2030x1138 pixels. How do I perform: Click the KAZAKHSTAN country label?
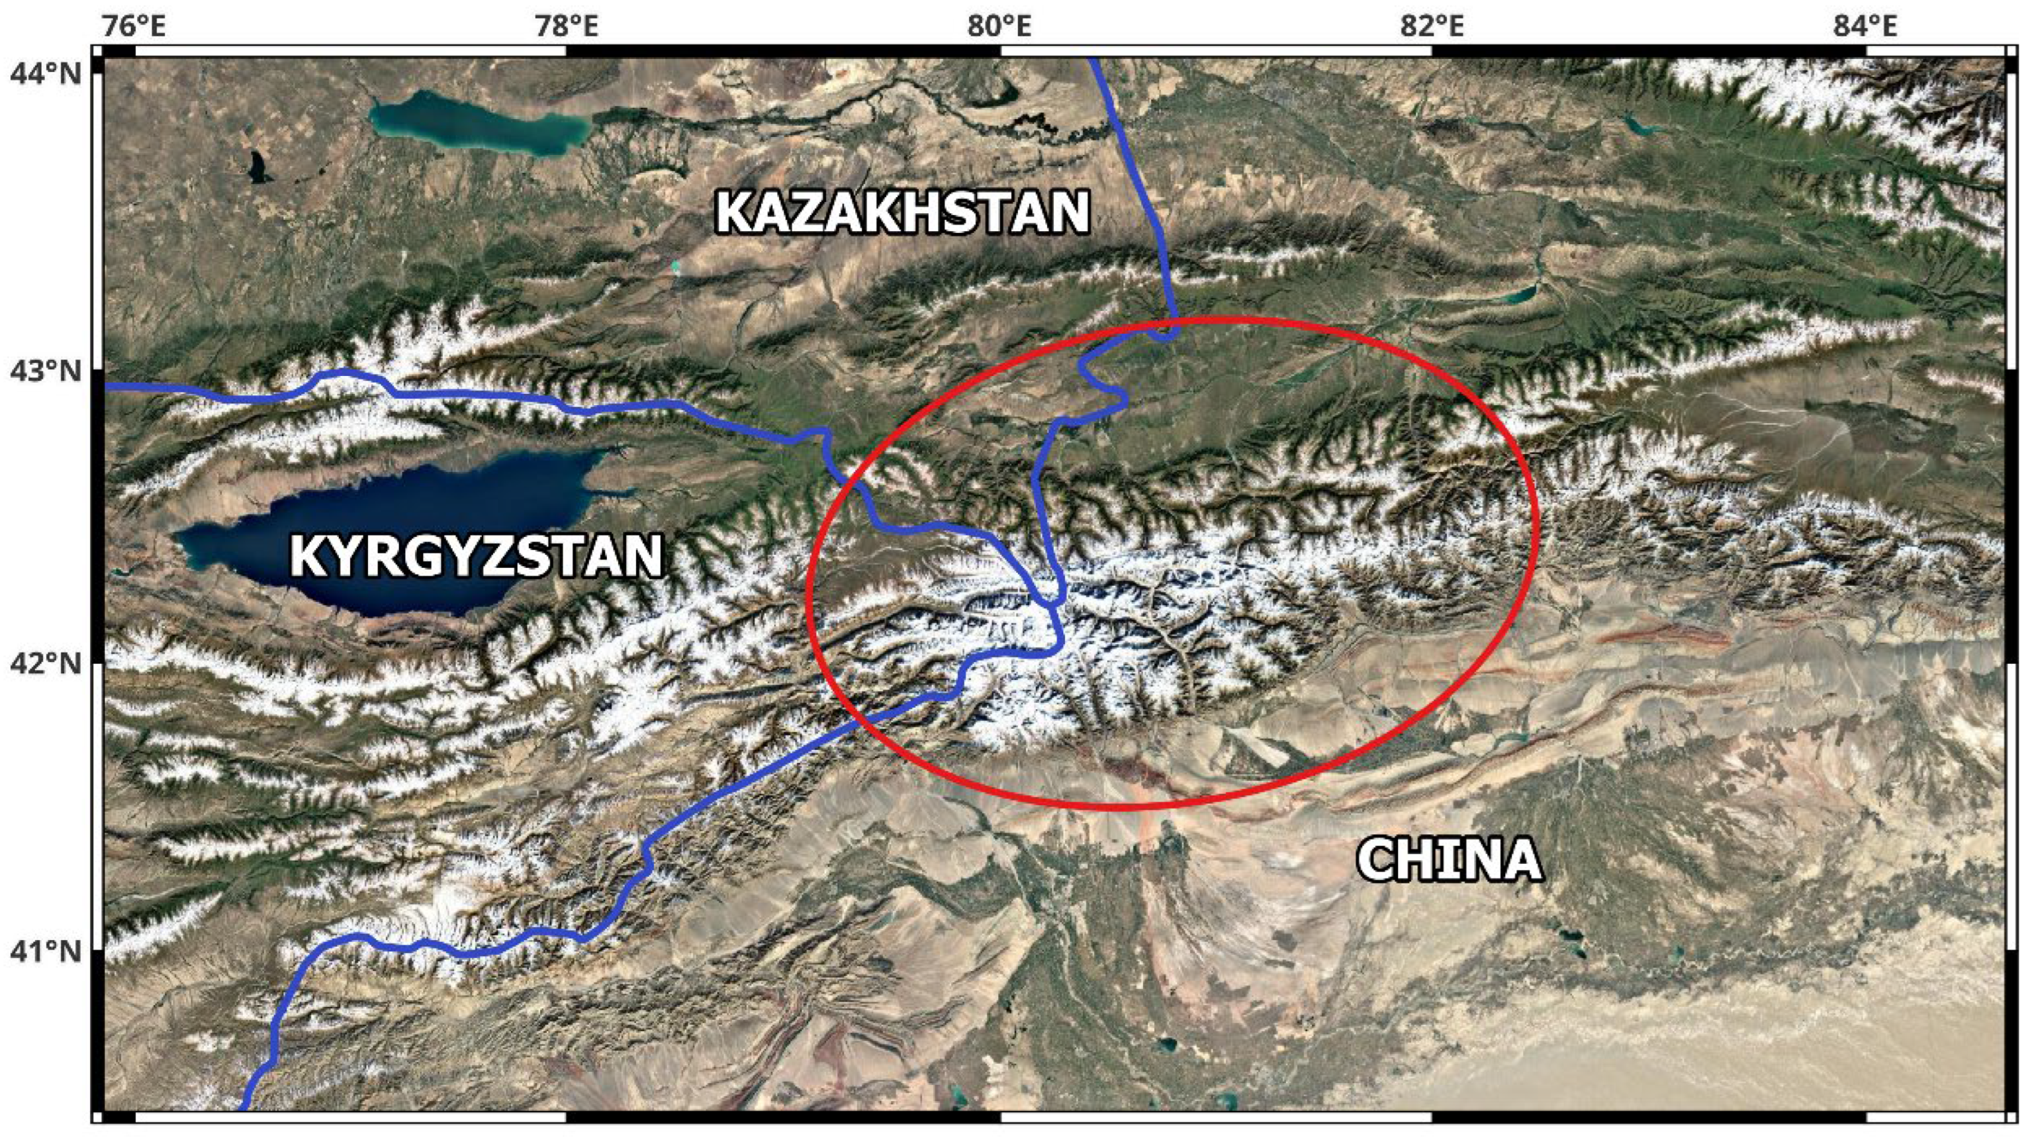coord(902,213)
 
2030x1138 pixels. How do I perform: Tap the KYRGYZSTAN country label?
coord(476,556)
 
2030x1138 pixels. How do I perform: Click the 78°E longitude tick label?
coord(567,25)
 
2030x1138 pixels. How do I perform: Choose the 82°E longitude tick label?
coord(1432,25)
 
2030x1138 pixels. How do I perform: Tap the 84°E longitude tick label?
coord(1865,25)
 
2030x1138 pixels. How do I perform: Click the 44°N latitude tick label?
coord(46,74)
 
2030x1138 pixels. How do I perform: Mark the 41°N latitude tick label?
coord(46,951)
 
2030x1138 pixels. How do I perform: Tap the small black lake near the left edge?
coord(257,167)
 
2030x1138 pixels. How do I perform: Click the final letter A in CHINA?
coord(1521,859)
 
